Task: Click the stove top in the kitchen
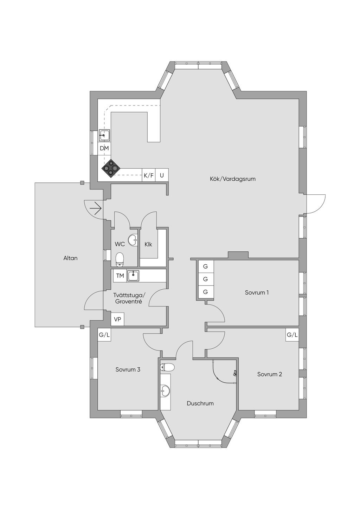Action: [111, 168]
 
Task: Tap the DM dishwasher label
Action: [104, 148]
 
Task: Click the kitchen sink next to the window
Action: [104, 135]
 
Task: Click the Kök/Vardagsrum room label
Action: [232, 179]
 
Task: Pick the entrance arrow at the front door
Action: [96, 208]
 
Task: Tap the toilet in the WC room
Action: [120, 260]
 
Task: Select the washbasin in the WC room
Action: [133, 240]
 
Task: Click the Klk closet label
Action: [148, 245]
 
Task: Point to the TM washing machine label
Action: [120, 276]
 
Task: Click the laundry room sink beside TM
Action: [133, 276]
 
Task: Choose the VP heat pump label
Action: [117, 320]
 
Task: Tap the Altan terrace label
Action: [70, 258]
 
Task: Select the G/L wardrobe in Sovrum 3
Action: [104, 335]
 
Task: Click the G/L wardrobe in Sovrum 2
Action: [292, 335]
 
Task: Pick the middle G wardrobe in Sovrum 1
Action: [205, 279]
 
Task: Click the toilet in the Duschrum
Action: [167, 367]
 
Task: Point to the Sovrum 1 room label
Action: [257, 292]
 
